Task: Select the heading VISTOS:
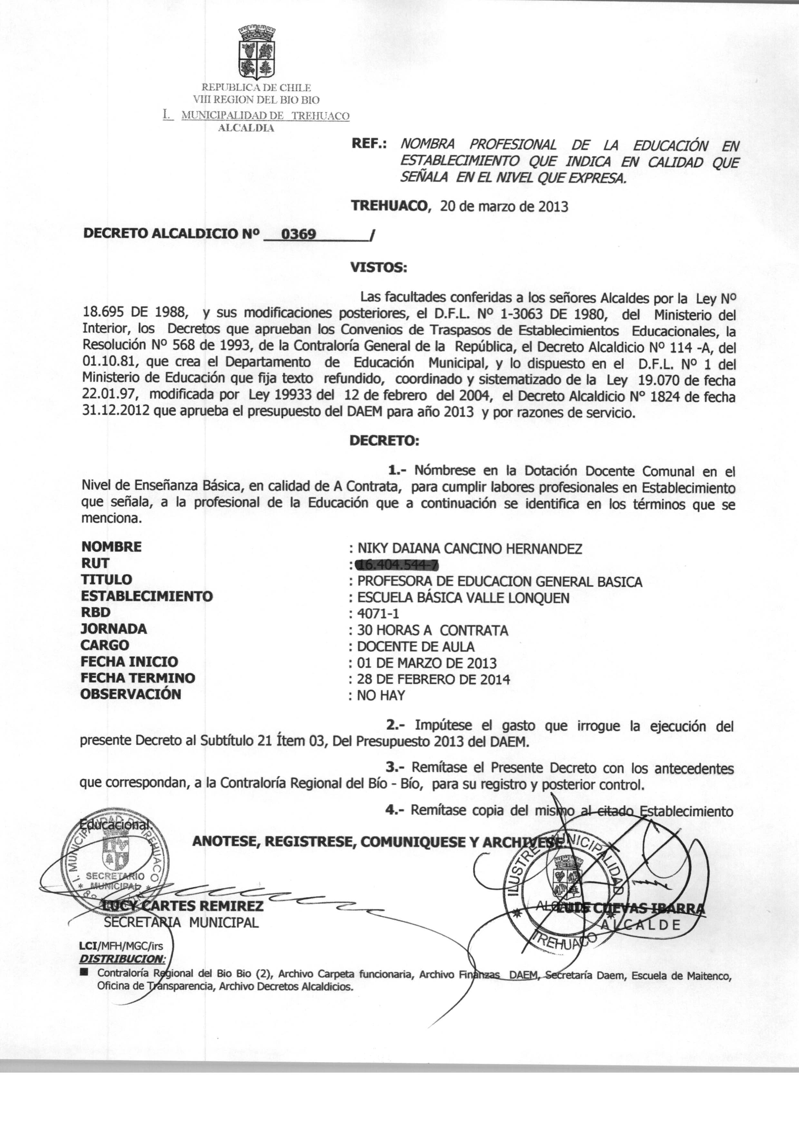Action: pos(378,268)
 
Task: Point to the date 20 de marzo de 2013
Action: pos(504,206)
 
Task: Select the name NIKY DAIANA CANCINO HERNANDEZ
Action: pos(469,548)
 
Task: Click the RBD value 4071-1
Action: pos(378,614)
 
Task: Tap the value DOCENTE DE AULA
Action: pos(416,646)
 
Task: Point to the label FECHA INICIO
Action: pos(130,662)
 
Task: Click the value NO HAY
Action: pos(381,696)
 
